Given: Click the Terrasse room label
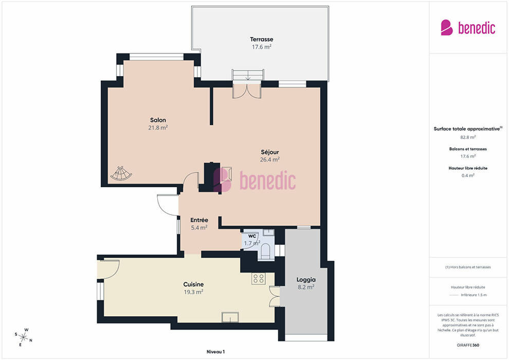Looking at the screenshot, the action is click(261, 39).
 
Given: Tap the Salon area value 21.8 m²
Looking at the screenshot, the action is click(158, 128).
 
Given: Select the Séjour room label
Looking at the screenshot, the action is click(270, 152).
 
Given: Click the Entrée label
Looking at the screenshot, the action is click(199, 220).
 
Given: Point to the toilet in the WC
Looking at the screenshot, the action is click(265, 251).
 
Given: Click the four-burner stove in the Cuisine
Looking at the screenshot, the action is click(259, 278).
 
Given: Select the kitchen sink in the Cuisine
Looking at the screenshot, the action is click(230, 317).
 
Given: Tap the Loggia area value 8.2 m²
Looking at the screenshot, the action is click(306, 287).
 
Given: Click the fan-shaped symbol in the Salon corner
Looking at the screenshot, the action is click(121, 173).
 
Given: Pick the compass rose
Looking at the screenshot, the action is click(23, 337).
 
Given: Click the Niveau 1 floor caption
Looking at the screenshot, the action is click(215, 352).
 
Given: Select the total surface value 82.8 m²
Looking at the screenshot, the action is click(468, 137).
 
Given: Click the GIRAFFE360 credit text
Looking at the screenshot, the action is click(468, 345).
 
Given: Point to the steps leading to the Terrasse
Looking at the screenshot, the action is click(247, 75).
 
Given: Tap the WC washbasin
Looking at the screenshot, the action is click(268, 232).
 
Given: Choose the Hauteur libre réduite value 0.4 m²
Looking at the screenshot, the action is click(468, 175).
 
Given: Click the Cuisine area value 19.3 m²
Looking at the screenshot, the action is click(193, 292).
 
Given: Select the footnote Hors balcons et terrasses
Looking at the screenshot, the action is click(468, 267).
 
